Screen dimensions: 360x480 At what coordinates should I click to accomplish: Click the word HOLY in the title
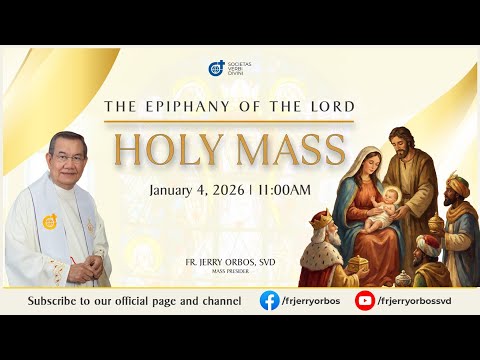click(x=160, y=148)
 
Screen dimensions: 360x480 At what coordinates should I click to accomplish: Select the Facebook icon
click(x=269, y=300)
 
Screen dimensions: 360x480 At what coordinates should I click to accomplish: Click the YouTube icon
click(x=365, y=300)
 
